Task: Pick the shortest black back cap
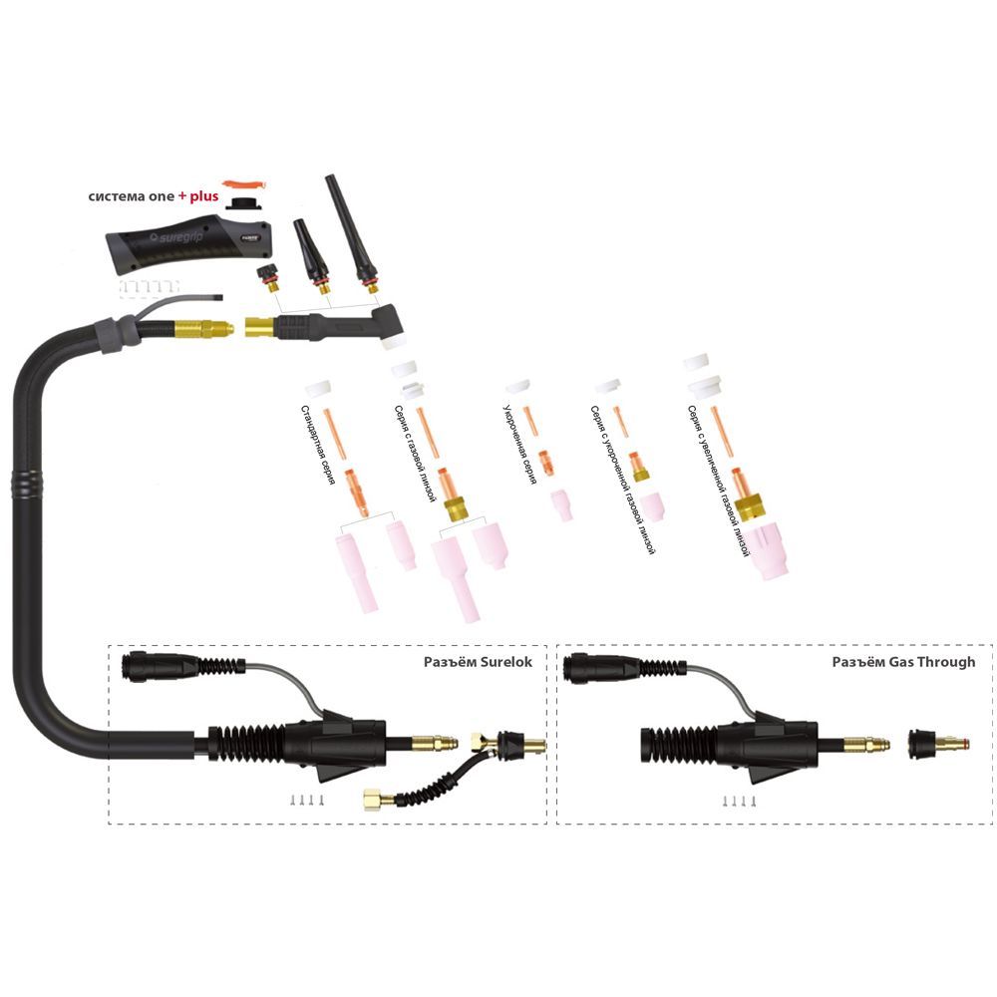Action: [x=268, y=273]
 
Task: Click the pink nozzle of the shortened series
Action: [x=562, y=505]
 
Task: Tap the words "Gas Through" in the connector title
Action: [x=928, y=662]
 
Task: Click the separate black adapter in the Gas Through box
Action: [x=933, y=743]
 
